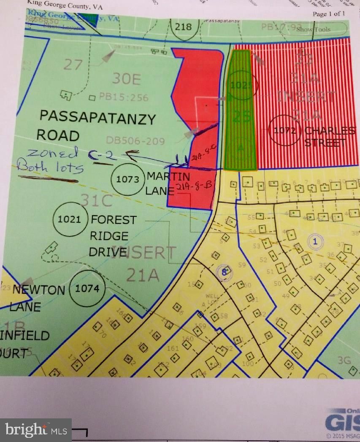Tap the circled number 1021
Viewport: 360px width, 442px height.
pos(70,219)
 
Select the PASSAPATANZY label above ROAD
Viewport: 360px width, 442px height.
pos(98,119)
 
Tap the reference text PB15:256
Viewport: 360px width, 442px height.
pos(124,98)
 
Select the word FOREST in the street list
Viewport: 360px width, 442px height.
pos(114,220)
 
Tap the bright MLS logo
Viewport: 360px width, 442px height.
pos(36,430)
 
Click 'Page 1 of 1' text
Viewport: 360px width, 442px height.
pos(329,13)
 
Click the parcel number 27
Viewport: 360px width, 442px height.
pos(73,65)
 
